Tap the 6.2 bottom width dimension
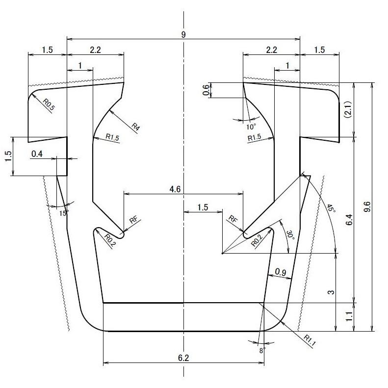pos(183,359)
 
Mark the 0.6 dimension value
pos(207,90)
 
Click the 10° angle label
pos(251,127)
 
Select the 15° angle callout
pos(64,213)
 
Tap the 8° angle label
pos(262,351)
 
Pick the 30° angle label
pos(290,236)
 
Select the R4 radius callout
pos(136,127)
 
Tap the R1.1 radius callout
pos(309,339)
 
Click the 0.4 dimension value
pos(37,154)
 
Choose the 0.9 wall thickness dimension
pos(281,272)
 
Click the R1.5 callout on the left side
pos(113,138)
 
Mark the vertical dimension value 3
pos(331,292)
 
